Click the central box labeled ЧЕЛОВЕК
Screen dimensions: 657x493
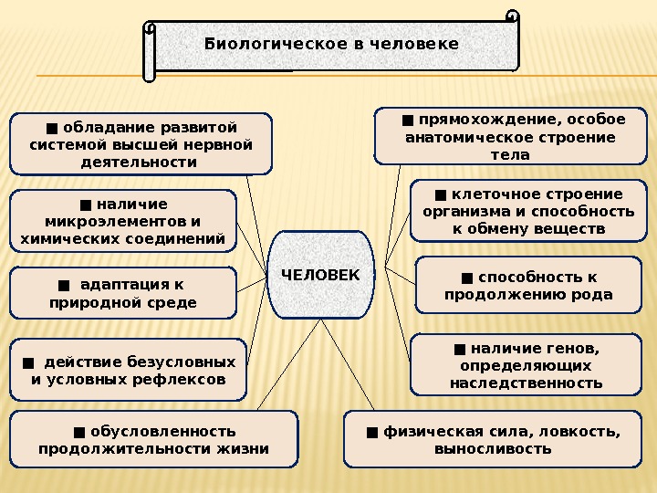[x=320, y=275]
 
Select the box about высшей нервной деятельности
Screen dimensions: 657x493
[x=141, y=143]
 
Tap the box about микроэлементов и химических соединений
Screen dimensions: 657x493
[x=122, y=221]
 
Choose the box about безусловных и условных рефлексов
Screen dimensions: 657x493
[x=128, y=369]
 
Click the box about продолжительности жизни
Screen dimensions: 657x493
[x=153, y=439]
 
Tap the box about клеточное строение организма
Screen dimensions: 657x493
[x=527, y=211]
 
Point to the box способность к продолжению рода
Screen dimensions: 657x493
[x=528, y=285]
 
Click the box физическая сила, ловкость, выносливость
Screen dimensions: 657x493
[x=493, y=439]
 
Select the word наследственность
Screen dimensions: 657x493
[x=526, y=383]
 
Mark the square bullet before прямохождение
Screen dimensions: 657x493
[x=408, y=120]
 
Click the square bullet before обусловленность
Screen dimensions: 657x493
[x=79, y=431]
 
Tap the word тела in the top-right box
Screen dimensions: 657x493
[x=510, y=154]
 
